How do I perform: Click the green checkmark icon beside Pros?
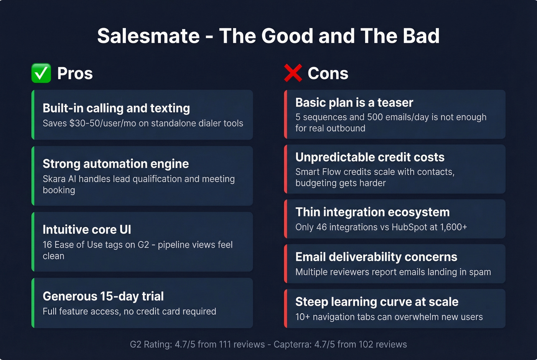click(x=41, y=73)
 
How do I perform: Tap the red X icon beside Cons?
click(x=293, y=73)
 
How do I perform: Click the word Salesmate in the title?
click(x=148, y=36)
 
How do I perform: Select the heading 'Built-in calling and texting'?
click(x=116, y=108)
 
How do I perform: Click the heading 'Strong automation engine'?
click(x=115, y=164)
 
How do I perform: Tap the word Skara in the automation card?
click(x=54, y=179)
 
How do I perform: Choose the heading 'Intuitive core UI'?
click(x=87, y=229)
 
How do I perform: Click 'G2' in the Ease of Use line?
click(x=143, y=245)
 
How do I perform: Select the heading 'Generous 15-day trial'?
click(x=103, y=296)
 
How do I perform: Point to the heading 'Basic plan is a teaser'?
click(x=354, y=102)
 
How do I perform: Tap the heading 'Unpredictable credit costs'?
click(x=370, y=157)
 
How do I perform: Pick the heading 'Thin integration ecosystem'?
click(x=372, y=212)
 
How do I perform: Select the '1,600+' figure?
click(x=454, y=227)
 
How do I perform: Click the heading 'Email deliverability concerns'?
click(x=376, y=257)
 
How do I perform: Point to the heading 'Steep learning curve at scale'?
click(x=377, y=302)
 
